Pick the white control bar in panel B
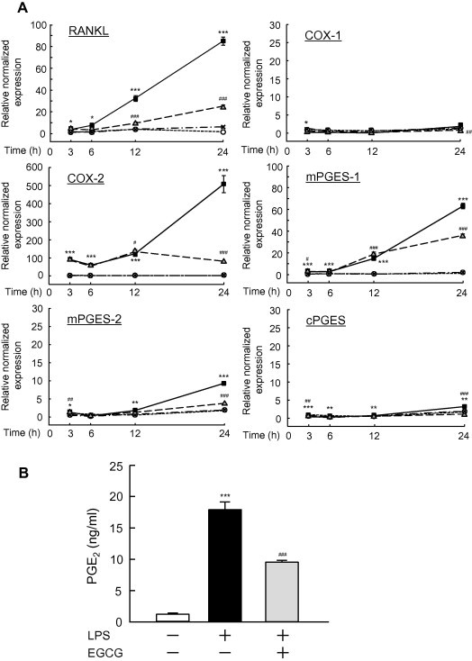coord(163,617)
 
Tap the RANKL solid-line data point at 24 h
coord(222,41)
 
